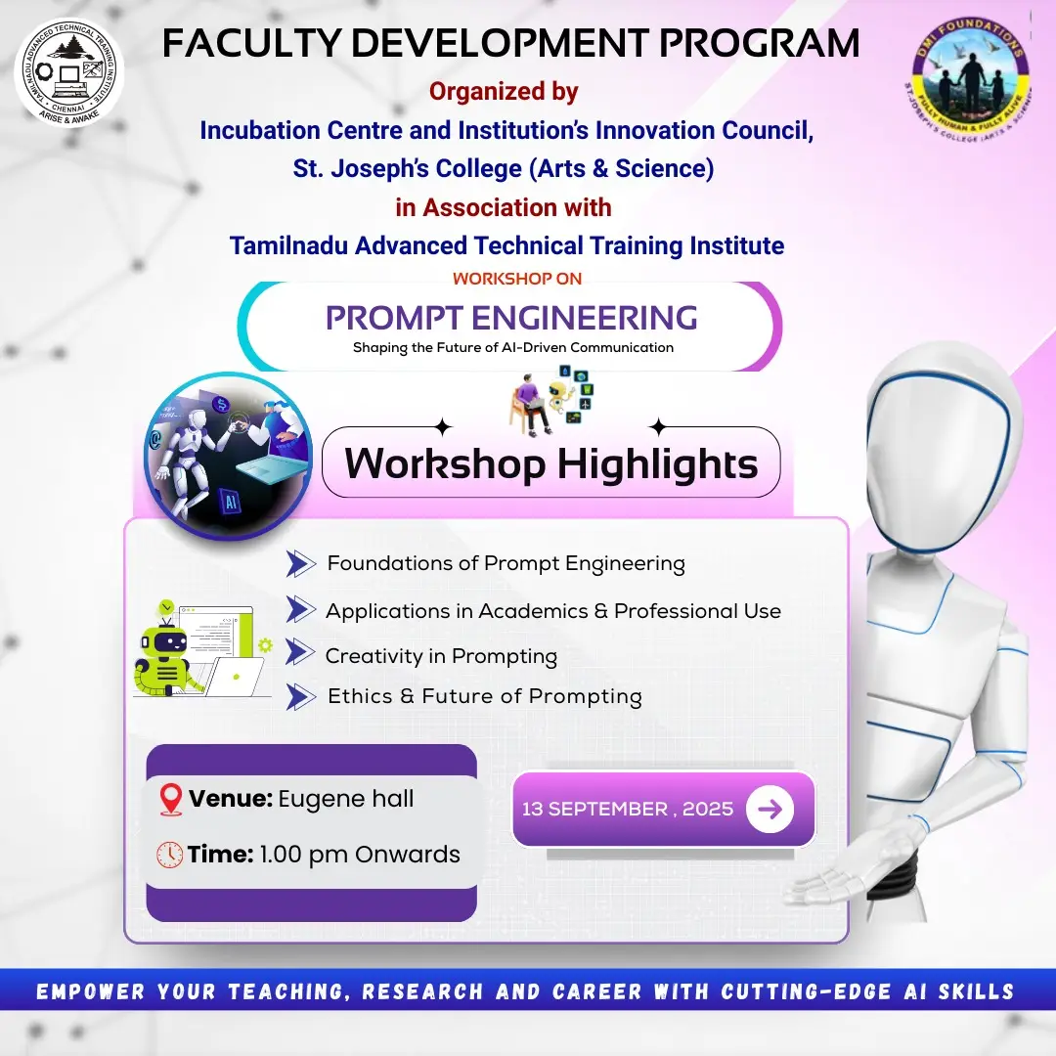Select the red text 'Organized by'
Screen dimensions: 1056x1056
point(504,92)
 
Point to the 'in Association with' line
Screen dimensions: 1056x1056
point(504,207)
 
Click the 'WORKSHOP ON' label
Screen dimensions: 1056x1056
point(517,279)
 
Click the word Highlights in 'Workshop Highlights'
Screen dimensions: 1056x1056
point(657,462)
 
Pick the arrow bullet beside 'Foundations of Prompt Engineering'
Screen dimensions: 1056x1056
point(301,563)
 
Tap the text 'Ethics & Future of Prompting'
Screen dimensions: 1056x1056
point(484,696)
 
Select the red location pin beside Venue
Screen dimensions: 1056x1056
point(170,799)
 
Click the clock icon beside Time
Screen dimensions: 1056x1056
point(170,854)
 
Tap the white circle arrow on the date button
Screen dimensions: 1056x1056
point(770,809)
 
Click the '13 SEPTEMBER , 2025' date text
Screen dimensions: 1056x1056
point(627,810)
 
